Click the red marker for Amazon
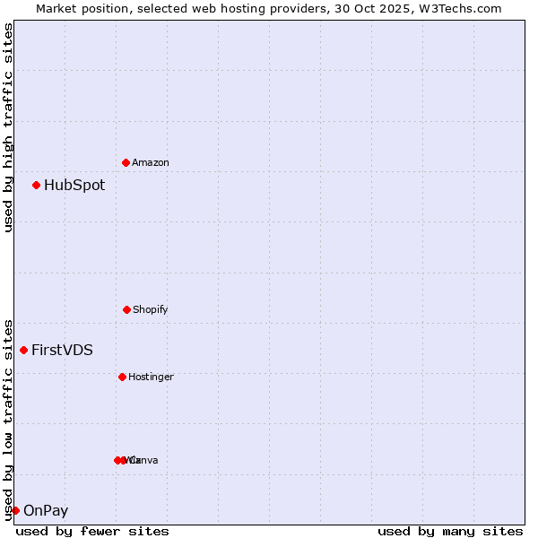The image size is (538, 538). click(x=126, y=162)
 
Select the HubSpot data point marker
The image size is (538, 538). click(x=37, y=186)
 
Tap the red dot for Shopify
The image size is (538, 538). click(x=126, y=309)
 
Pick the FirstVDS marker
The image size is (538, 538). click(x=24, y=350)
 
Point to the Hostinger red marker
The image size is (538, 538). click(x=122, y=377)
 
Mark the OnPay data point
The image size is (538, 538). click(x=15, y=510)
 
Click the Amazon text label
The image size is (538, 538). click(x=151, y=163)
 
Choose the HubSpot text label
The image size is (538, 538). click(x=74, y=186)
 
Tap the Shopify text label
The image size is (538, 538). click(x=151, y=310)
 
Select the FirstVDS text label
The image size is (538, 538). click(x=62, y=351)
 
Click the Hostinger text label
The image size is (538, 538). click(x=151, y=377)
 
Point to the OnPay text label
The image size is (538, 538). click(x=46, y=511)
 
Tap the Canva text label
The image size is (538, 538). click(x=143, y=461)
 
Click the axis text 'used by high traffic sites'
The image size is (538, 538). click(x=8, y=127)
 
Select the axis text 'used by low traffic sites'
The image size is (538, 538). click(x=8, y=419)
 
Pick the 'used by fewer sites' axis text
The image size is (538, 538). click(x=92, y=531)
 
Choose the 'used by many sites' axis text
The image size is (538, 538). click(x=450, y=531)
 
